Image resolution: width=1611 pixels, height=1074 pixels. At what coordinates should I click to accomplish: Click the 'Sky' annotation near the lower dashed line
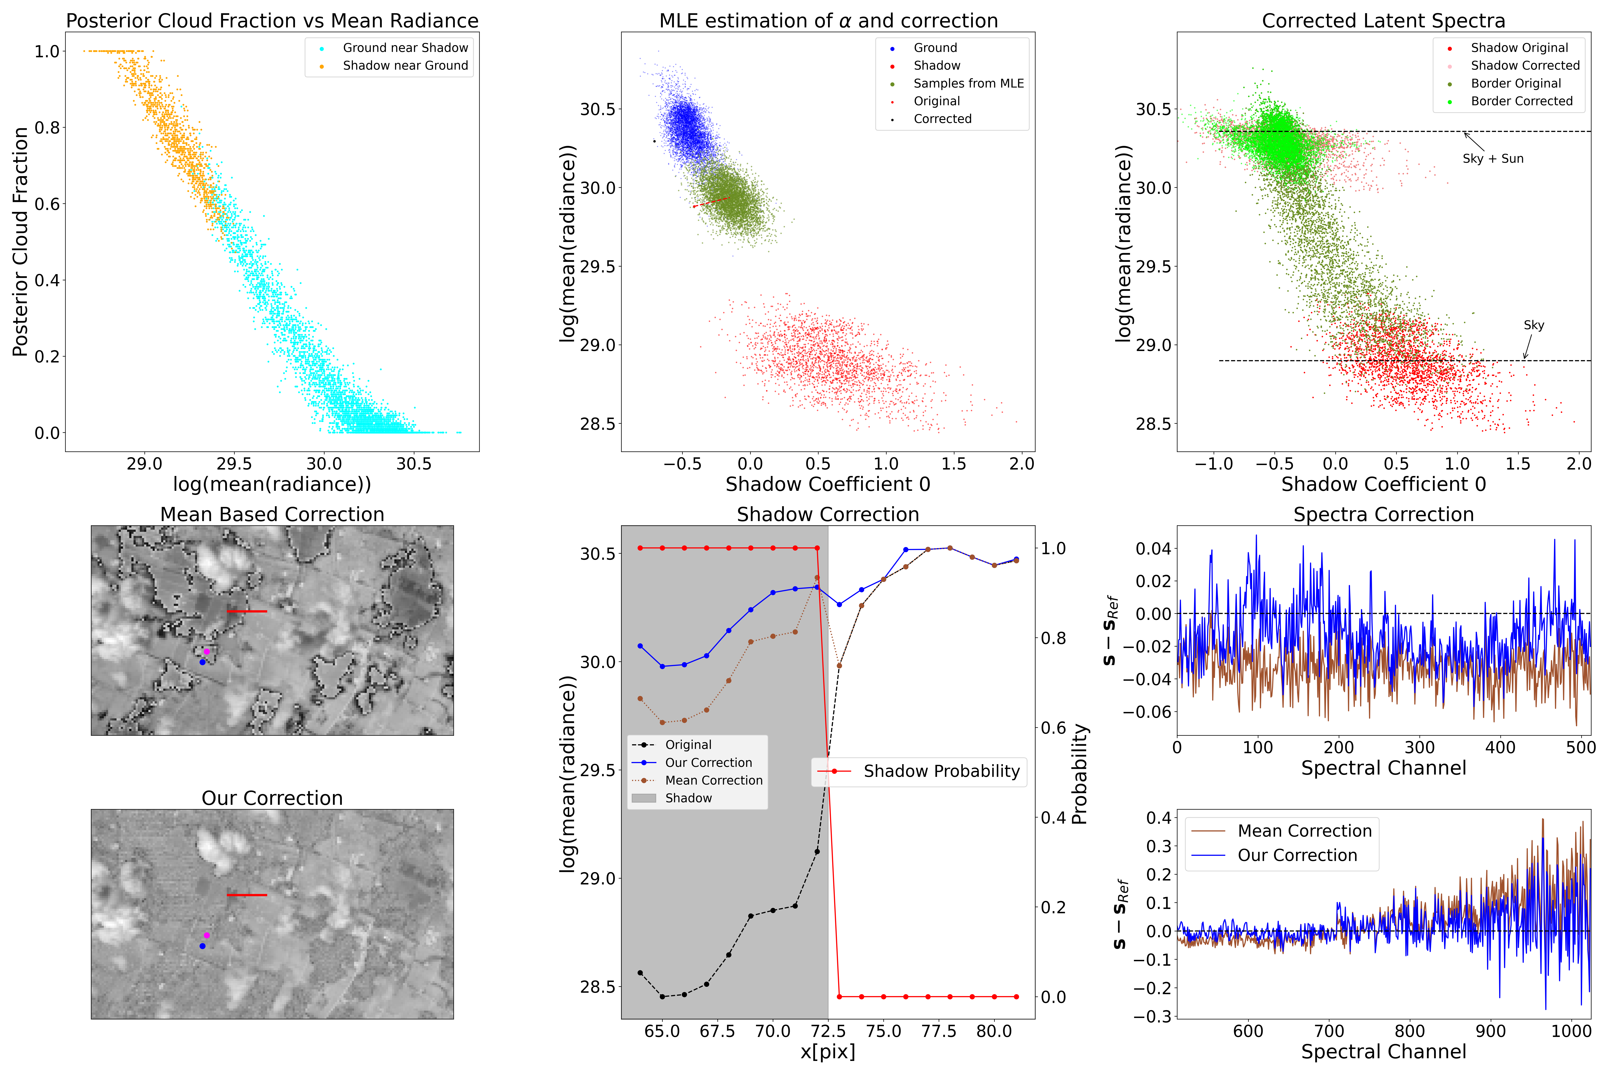click(1534, 325)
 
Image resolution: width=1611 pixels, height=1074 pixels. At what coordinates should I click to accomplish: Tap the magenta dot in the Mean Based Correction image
click(207, 651)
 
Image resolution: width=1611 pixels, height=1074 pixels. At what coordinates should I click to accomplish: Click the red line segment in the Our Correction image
click(247, 894)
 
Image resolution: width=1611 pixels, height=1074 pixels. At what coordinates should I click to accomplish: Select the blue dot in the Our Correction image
click(202, 946)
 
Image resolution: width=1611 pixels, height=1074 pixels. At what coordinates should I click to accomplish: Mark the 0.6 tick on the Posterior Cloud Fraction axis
click(47, 204)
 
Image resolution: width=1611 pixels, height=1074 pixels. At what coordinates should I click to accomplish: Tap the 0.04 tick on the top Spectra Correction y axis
click(1153, 549)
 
